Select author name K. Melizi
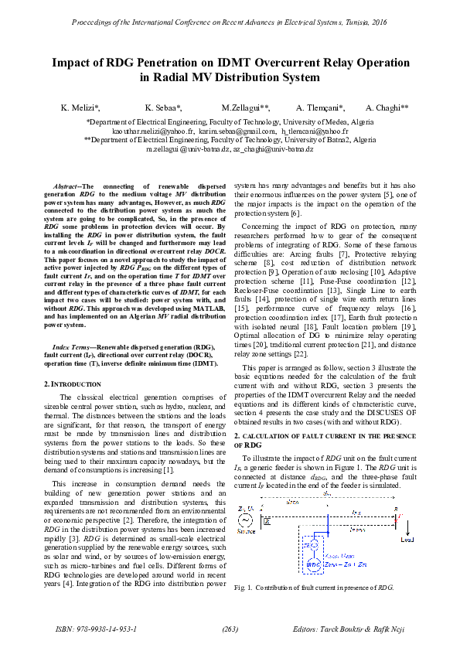pos(80,108)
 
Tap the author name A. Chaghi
pos(377,108)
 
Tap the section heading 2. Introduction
pos(73,383)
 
